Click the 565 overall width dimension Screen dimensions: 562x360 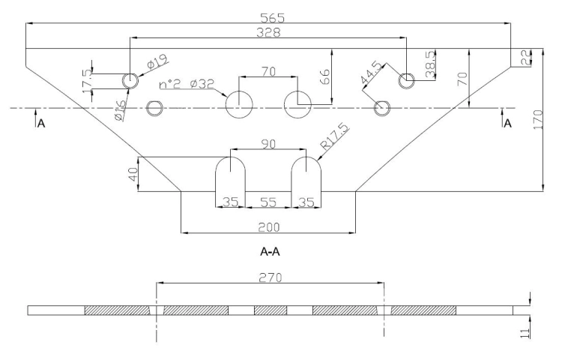pos(272,17)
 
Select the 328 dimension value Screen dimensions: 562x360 pos(269,32)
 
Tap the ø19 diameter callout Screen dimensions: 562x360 pos(157,62)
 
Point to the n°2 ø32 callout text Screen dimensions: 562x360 pos(187,84)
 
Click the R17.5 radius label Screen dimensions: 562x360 pos(334,136)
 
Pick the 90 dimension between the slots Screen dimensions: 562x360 pos(268,144)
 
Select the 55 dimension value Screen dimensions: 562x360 pos(268,202)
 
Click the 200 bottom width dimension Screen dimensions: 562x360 pos(268,227)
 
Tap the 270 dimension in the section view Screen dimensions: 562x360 pos(271,277)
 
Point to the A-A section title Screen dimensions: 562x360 pos(270,252)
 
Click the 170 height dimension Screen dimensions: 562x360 pos(538,120)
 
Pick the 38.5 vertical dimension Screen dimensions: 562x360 pos(430,64)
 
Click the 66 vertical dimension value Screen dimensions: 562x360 pos(324,76)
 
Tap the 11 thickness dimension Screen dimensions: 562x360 pos(525,332)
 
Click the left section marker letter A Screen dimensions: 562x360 pos(41,124)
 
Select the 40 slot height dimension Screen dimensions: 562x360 pos(133,175)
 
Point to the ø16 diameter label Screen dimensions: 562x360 pos(121,110)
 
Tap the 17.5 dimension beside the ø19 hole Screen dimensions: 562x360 pos(88,82)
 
